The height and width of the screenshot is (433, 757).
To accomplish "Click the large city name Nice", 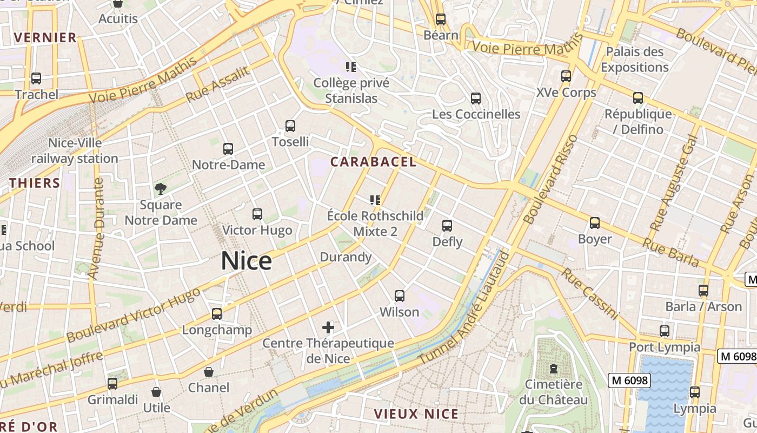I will tap(246, 261).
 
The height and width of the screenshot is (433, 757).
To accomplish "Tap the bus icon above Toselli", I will tap(290, 126).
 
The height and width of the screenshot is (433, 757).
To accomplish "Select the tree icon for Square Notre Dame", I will tap(161, 189).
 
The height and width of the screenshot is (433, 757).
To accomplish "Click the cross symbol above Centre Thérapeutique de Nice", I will tap(328, 327).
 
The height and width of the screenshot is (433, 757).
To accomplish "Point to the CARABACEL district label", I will tap(373, 162).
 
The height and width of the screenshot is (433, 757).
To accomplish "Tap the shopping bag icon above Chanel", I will tap(209, 372).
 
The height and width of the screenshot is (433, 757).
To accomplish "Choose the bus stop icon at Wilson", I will tap(400, 296).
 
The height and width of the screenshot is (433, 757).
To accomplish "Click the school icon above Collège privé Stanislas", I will tap(351, 67).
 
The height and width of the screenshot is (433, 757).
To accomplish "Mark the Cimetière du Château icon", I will tap(553, 369).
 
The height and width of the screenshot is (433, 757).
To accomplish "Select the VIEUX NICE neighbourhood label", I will tap(416, 415).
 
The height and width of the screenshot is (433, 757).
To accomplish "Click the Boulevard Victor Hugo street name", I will tap(133, 315).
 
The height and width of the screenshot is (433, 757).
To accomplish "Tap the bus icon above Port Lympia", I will tap(665, 331).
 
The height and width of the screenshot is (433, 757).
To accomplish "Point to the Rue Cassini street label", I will tap(589, 293).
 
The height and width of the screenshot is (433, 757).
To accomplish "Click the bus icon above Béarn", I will tap(441, 19).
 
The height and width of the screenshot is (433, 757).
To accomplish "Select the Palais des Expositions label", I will tap(635, 60).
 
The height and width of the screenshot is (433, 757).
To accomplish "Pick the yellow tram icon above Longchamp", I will tap(217, 314).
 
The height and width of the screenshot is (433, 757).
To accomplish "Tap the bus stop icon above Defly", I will tap(447, 226).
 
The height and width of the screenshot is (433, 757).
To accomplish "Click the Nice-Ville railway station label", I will tap(75, 151).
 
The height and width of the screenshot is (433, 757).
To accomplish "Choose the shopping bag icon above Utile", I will tap(156, 392).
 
